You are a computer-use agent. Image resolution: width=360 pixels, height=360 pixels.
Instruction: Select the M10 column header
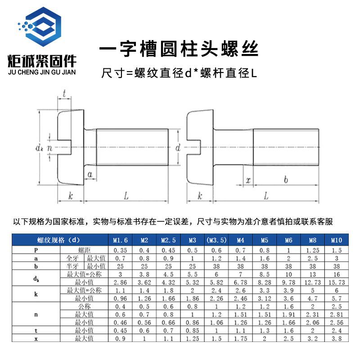coord(336,240)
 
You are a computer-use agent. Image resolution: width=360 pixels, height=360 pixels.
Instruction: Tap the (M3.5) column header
coord(216,240)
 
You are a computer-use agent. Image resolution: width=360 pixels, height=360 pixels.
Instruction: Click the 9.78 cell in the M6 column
coord(288,282)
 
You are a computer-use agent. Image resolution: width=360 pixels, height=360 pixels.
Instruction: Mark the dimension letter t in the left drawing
coord(65,94)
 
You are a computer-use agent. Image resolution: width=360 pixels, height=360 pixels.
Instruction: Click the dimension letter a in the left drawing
coord(90,174)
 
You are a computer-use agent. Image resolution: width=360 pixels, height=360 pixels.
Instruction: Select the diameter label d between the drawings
coord(178,148)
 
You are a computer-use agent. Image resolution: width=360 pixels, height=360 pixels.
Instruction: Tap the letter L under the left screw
coord(126,196)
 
